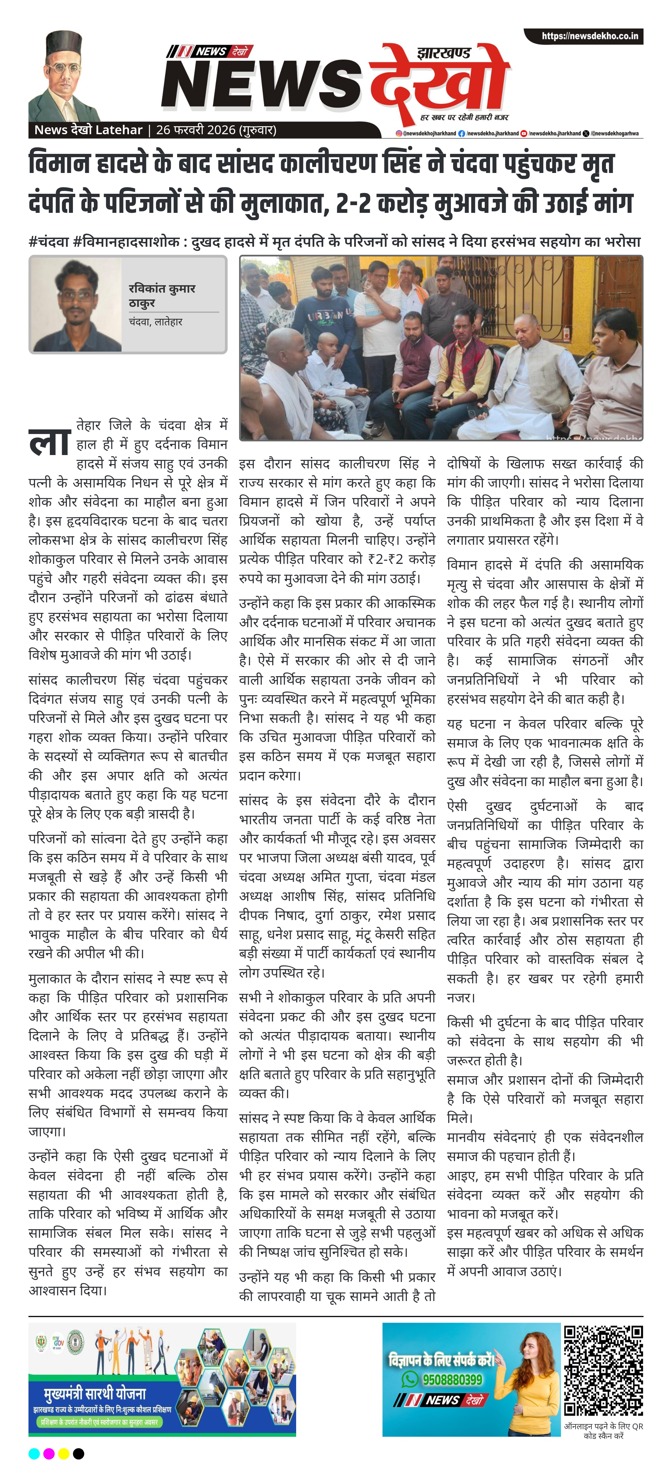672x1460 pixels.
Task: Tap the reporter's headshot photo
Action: point(75,305)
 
